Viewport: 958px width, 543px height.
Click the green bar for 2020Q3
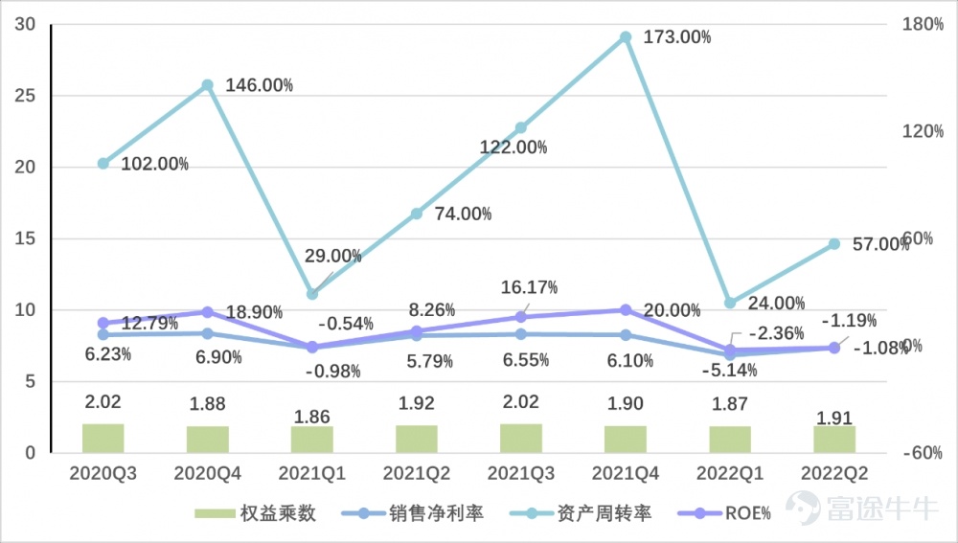pyautogui.click(x=103, y=438)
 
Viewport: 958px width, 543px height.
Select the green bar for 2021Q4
pyautogui.click(x=626, y=439)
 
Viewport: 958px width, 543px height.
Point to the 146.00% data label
pyautogui.click(x=259, y=85)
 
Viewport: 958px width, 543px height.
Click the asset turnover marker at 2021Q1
pyautogui.click(x=312, y=293)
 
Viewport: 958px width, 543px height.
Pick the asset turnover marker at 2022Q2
pyautogui.click(x=834, y=244)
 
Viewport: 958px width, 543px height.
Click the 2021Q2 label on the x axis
pyautogui.click(x=417, y=473)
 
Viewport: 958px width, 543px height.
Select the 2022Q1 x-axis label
pyautogui.click(x=730, y=473)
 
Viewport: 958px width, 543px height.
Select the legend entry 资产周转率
pyautogui.click(x=604, y=513)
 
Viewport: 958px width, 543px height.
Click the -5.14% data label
pyautogui.click(x=729, y=370)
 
